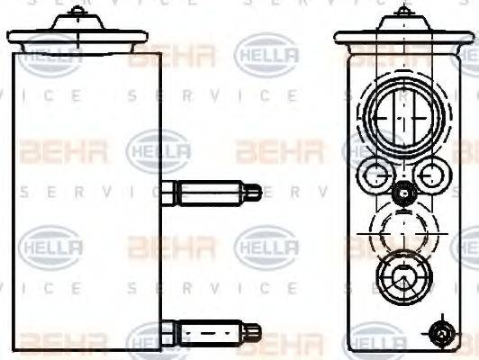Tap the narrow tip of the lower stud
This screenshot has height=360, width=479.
click(255, 331)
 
